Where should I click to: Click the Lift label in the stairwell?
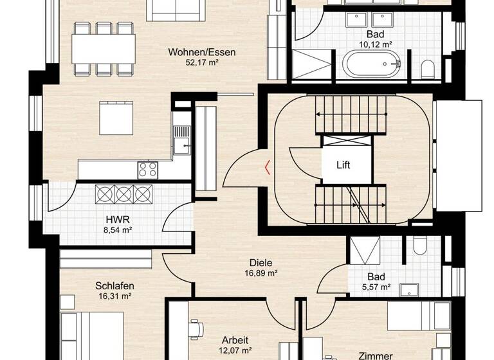[x=343, y=165]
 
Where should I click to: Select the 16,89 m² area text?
[x=261, y=273]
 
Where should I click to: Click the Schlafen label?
[x=113, y=285]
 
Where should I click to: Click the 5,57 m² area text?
[x=378, y=287]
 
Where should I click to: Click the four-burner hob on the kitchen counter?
[x=147, y=170]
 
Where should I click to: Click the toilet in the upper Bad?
[x=426, y=67]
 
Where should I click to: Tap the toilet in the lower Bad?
[x=421, y=245]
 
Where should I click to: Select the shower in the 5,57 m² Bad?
[x=365, y=250]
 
